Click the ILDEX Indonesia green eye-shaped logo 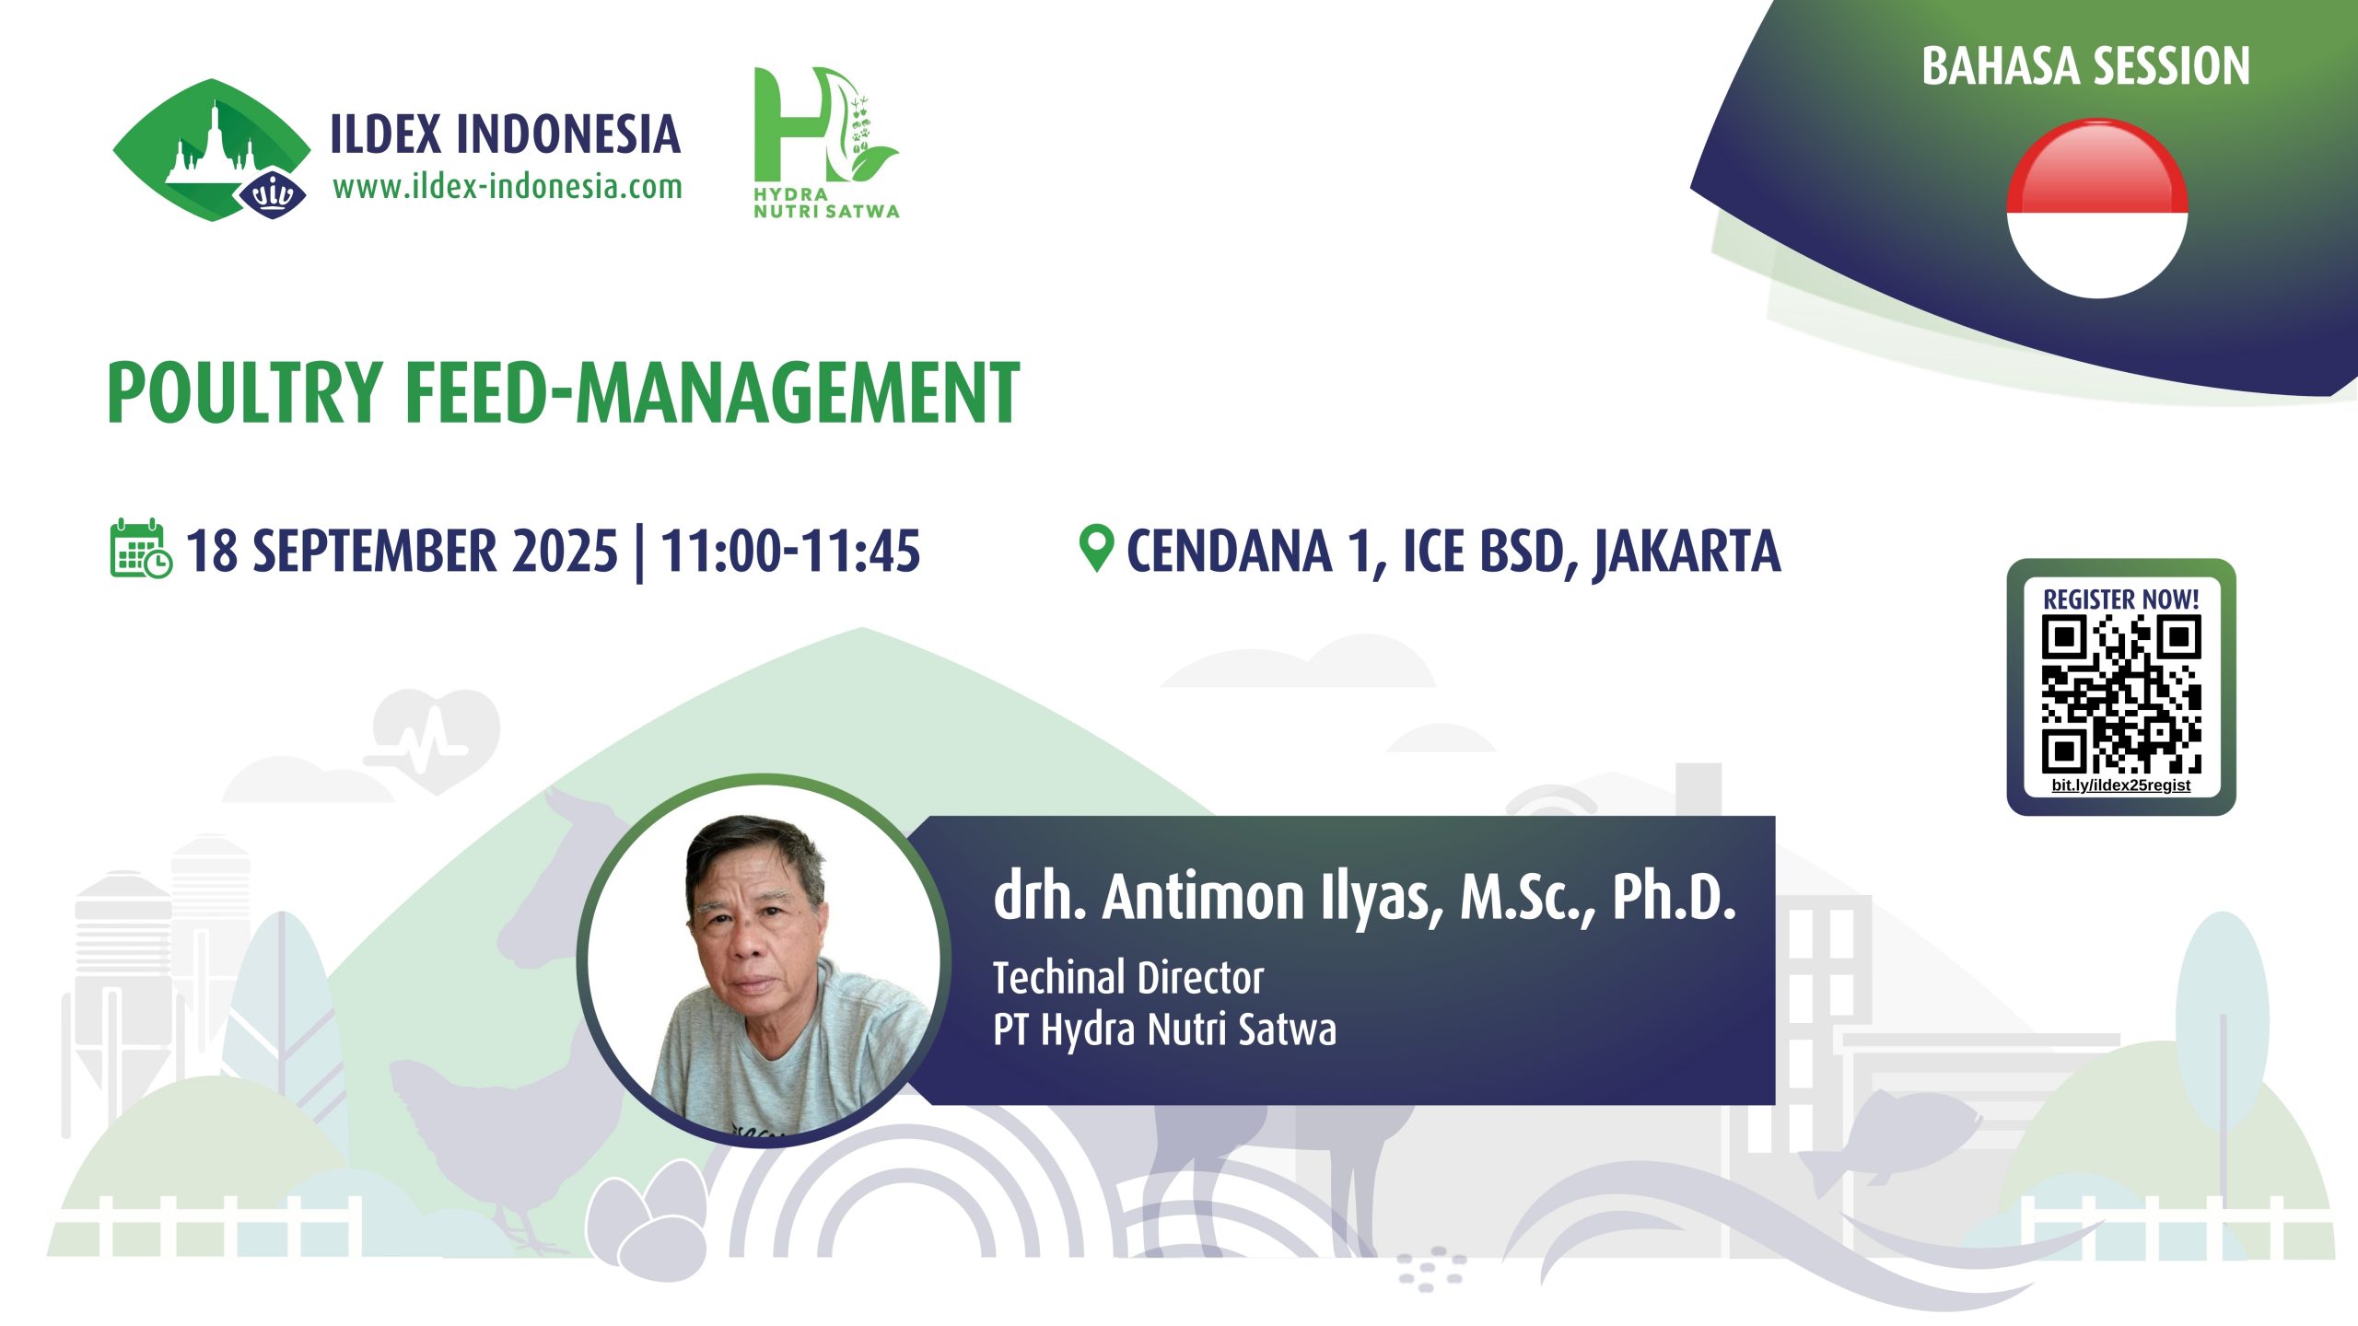pos(212,150)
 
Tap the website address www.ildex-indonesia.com pos(508,187)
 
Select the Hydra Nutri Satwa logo pos(826,143)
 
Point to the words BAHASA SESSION pos(2085,66)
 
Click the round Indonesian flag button pos(2097,208)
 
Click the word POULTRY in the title pos(245,392)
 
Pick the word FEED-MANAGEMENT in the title pos(712,392)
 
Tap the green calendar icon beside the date pos(141,549)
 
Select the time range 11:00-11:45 pos(790,551)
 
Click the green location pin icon pos(1096,548)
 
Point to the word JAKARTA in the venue pos(1687,552)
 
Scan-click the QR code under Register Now pos(2121,694)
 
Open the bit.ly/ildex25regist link pos(2121,785)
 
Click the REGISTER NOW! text pos(2121,599)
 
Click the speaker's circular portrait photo pos(764,960)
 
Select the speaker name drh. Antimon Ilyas pos(1218,897)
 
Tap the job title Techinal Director pos(1128,978)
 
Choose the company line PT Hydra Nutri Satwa pos(1164,1029)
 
